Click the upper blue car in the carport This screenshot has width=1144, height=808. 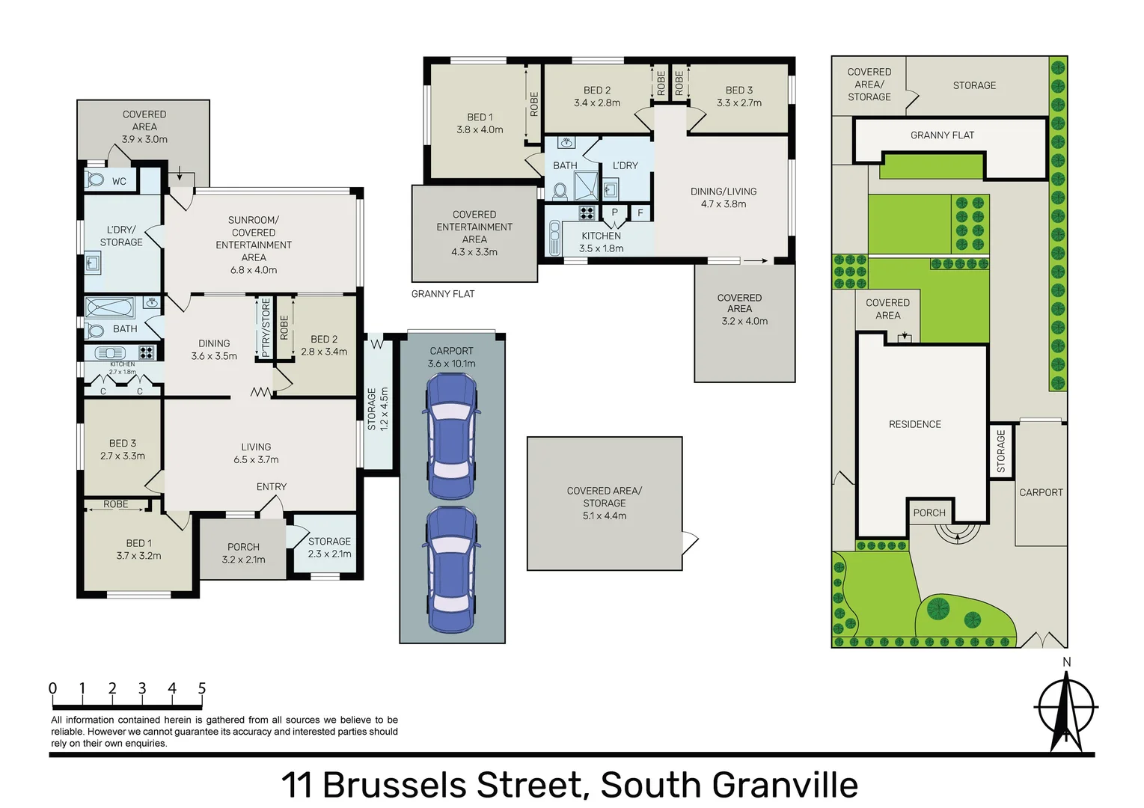coord(452,436)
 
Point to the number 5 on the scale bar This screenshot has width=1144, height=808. coord(201,688)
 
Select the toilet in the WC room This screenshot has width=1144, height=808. coord(96,180)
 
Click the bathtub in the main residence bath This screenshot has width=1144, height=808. coord(110,307)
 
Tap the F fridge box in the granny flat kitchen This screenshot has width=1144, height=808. coord(640,213)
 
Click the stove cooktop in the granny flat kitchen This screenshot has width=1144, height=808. coord(587,213)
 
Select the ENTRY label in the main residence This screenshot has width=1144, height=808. coord(272,486)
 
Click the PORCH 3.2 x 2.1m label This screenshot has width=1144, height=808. coord(243,553)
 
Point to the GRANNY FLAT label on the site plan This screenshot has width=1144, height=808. coord(942,135)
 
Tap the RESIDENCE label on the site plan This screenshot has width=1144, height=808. coord(914,424)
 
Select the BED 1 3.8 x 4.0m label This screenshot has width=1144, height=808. coord(480,123)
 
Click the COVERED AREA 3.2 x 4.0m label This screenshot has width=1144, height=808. coord(744,309)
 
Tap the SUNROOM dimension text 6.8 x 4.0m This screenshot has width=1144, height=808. coord(254,270)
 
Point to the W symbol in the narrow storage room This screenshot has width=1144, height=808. coord(376,344)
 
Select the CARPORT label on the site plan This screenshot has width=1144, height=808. coord(1041,492)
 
